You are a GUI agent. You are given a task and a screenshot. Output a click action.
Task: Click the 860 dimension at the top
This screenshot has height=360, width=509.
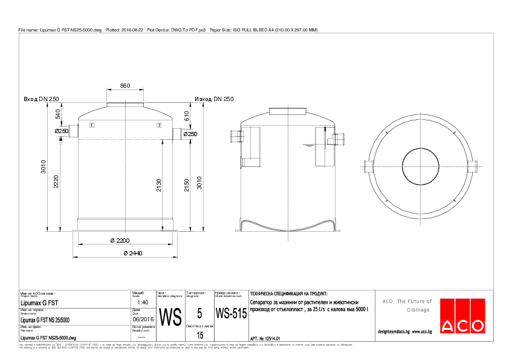point(125,86)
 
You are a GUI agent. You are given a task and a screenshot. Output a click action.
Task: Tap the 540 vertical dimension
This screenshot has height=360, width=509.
point(58,114)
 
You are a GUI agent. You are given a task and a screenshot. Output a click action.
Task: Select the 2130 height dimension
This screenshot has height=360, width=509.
point(159,185)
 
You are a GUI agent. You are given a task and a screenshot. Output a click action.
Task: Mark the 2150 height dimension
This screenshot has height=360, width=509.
point(187,185)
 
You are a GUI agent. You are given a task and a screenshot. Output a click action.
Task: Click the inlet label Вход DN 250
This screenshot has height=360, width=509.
point(41,99)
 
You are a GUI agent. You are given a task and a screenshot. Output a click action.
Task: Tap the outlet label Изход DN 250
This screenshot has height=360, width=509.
point(214,99)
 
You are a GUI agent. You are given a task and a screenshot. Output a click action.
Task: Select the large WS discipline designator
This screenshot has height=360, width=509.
point(170,316)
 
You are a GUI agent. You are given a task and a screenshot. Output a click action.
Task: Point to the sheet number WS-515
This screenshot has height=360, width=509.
point(231,315)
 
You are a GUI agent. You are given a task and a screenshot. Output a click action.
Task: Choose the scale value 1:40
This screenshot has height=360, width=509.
point(143,302)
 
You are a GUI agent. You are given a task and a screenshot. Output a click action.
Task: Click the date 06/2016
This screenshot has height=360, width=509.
point(143,319)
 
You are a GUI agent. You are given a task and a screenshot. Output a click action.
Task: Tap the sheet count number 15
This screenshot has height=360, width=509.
point(200,334)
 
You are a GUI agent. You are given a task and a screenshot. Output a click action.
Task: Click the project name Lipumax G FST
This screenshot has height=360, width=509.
point(39,302)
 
